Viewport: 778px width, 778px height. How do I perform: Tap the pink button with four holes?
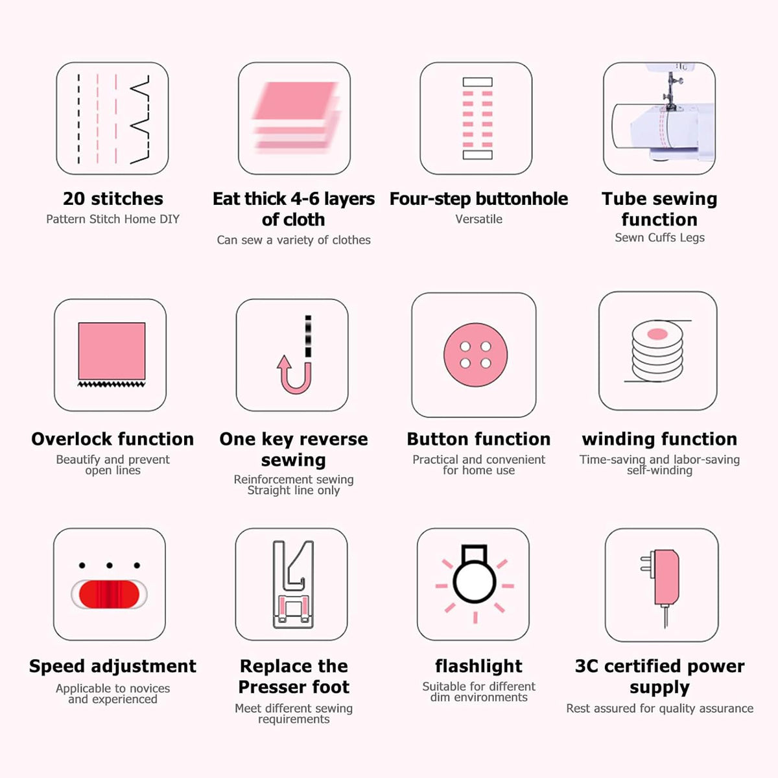[x=475, y=355]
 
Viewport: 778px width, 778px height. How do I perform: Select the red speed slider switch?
[x=109, y=595]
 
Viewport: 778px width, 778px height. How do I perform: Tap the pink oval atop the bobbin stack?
[x=657, y=334]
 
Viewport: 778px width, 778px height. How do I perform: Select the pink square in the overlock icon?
[x=112, y=351]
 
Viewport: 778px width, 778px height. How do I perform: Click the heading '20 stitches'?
[x=113, y=198]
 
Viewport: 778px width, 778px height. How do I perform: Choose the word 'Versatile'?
[x=479, y=219]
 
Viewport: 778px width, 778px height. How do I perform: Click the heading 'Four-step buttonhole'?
[x=479, y=199]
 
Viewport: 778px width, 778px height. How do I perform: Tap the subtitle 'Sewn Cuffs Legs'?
[x=660, y=238]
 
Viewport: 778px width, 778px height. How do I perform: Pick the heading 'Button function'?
[x=479, y=440]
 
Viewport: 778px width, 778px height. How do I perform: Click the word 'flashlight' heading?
[x=479, y=666]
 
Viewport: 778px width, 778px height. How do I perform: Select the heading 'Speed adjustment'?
[x=113, y=666]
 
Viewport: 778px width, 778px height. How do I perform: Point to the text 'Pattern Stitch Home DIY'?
[x=113, y=219]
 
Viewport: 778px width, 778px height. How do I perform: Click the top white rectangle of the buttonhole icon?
[x=478, y=82]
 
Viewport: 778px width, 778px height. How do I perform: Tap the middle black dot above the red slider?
[x=110, y=565]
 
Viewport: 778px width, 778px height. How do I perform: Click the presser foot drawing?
[x=293, y=584]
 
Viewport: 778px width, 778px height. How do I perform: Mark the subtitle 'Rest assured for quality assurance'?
[x=660, y=709]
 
